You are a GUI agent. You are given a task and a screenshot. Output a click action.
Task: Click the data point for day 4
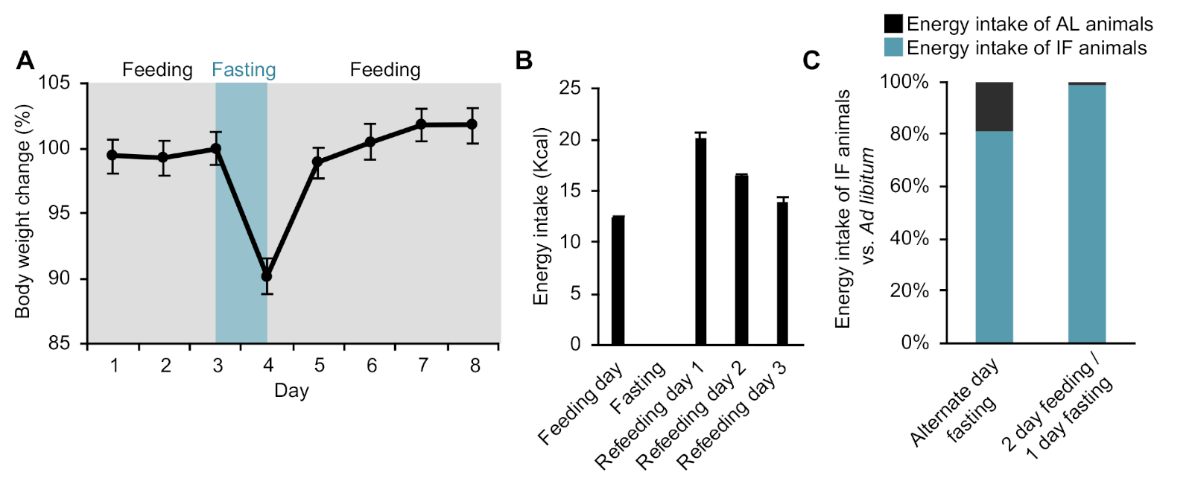pyautogui.click(x=267, y=276)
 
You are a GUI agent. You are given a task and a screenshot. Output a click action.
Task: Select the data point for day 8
pyautogui.click(x=472, y=124)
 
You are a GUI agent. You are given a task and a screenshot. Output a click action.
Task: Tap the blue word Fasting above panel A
pyautogui.click(x=244, y=70)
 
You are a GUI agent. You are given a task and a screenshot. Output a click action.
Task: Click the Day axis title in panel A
pyautogui.click(x=291, y=391)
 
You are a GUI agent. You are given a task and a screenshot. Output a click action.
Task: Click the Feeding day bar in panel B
pyautogui.click(x=618, y=280)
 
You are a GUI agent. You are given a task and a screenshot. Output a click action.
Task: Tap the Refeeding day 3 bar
pyautogui.click(x=782, y=273)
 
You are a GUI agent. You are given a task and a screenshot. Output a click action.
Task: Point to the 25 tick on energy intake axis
pyautogui.click(x=570, y=89)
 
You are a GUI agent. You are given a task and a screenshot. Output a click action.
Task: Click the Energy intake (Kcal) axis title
pyautogui.click(x=541, y=216)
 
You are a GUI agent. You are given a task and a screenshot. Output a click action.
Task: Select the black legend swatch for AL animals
pyautogui.click(x=893, y=24)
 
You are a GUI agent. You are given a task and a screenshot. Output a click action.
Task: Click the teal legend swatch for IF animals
pyautogui.click(x=893, y=48)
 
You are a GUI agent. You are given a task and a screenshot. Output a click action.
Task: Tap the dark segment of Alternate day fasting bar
pyautogui.click(x=994, y=106)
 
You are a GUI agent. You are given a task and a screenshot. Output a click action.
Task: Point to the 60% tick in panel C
pyautogui.click(x=909, y=186)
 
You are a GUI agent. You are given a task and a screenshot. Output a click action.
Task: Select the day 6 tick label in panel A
pyautogui.click(x=371, y=366)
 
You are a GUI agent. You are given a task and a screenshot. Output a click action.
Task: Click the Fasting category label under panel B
pyautogui.click(x=638, y=388)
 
